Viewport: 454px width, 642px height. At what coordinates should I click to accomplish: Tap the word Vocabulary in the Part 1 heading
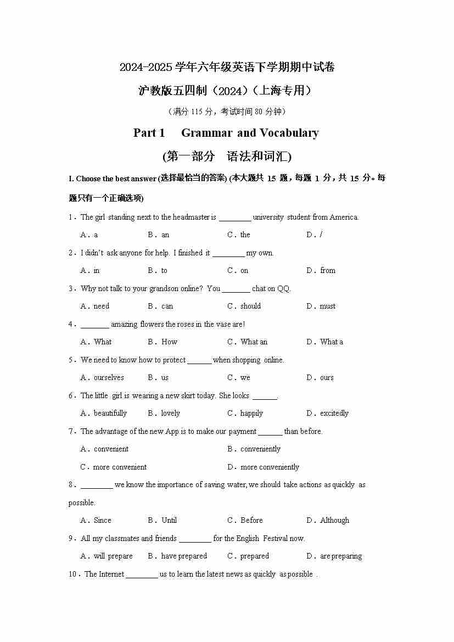pyautogui.click(x=289, y=133)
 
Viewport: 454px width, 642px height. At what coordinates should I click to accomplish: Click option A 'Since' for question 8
pyautogui.click(x=102, y=520)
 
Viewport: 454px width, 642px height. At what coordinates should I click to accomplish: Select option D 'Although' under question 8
pyautogui.click(x=334, y=520)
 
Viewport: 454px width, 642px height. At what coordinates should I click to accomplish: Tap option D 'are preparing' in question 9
pyautogui.click(x=341, y=556)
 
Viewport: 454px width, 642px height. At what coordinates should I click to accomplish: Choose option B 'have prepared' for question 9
pyautogui.click(x=184, y=556)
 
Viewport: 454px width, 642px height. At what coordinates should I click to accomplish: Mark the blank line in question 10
pyautogui.click(x=142, y=574)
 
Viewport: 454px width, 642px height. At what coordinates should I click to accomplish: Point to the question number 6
pyautogui.click(x=71, y=395)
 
